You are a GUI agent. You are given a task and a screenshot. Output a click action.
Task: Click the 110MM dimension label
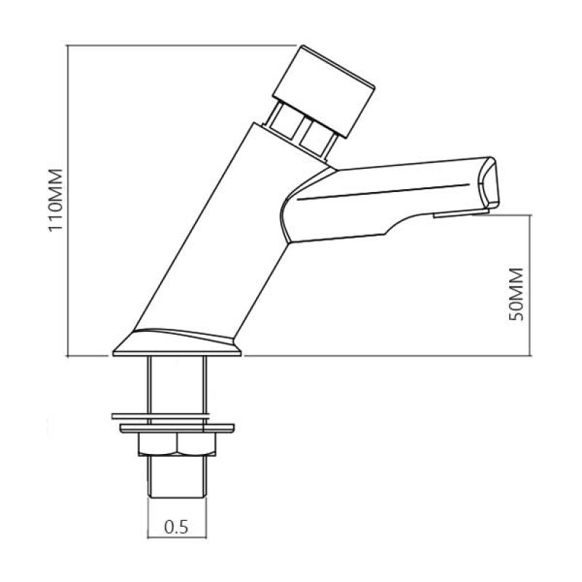coord(57,200)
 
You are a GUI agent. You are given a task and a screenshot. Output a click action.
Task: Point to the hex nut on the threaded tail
coord(178,446)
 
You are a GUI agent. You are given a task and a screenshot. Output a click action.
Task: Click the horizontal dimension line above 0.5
coord(178,512)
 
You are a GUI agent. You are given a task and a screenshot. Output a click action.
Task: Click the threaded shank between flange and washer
coord(178,386)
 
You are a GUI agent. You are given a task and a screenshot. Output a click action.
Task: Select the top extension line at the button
coord(182,45)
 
